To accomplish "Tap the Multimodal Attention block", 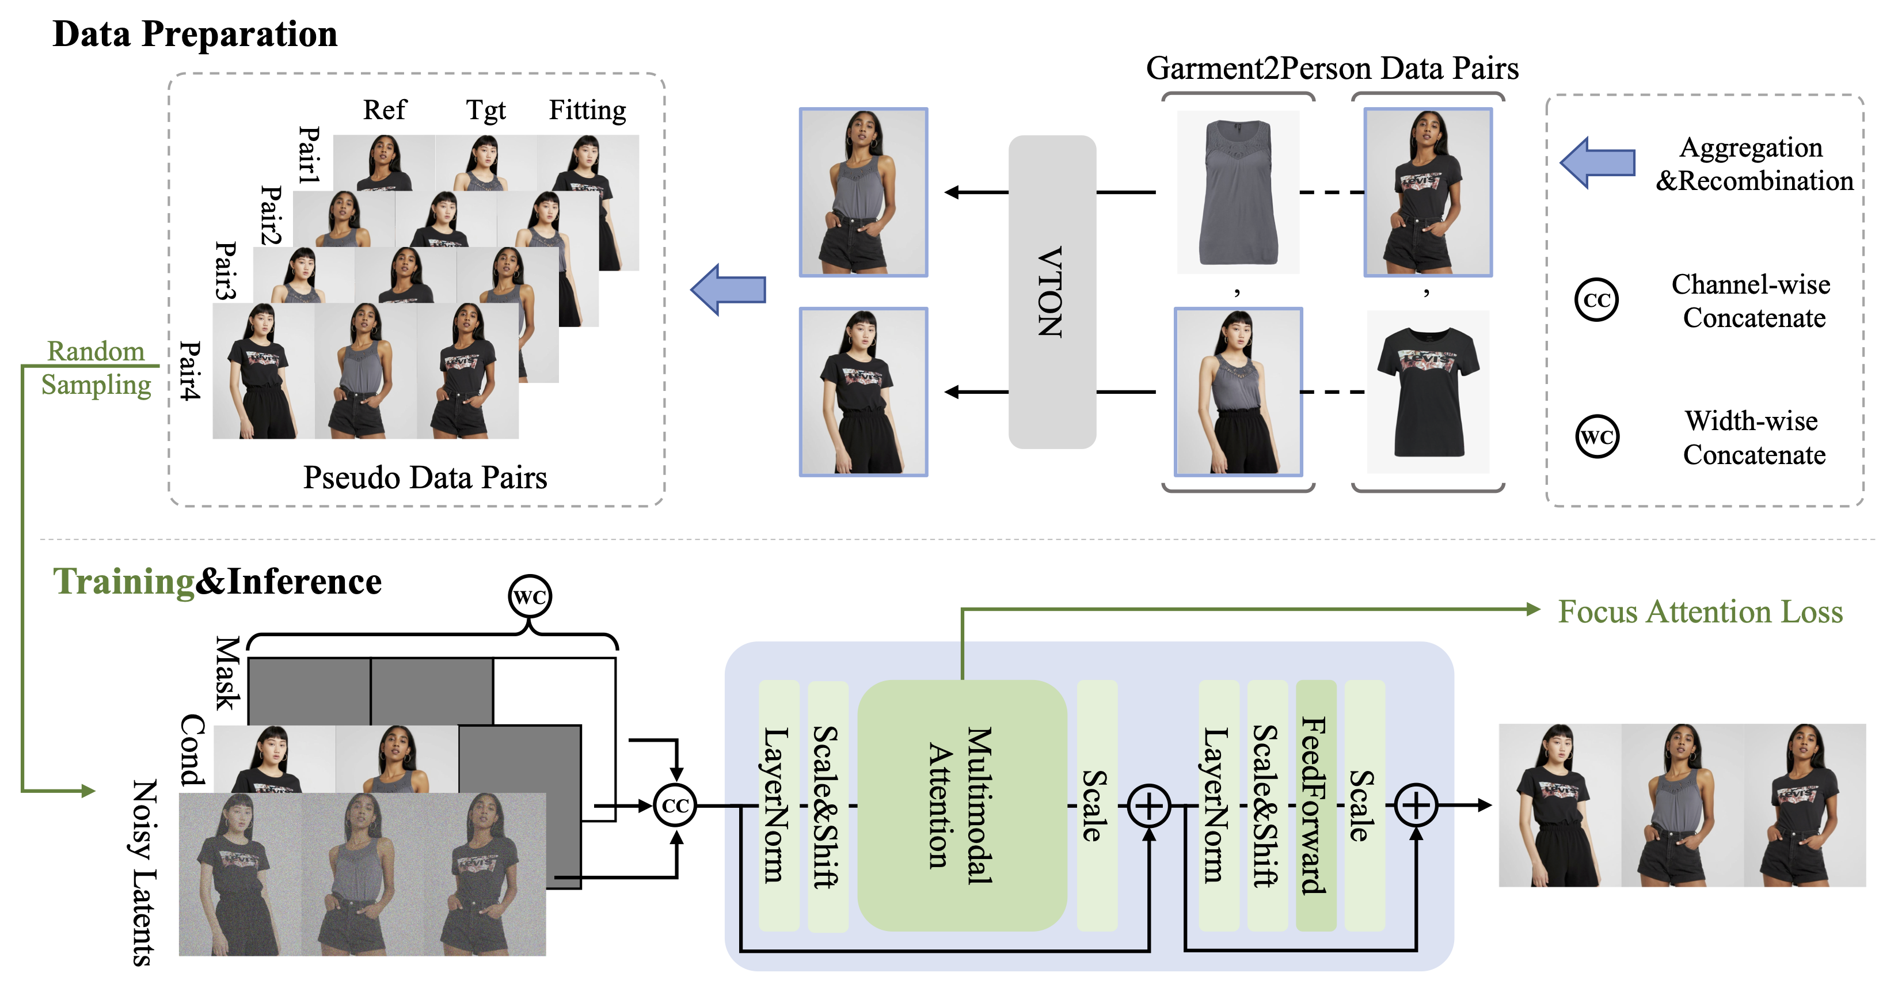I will [961, 805].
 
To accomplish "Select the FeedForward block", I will [1315, 805].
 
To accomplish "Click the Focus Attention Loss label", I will [1700, 611].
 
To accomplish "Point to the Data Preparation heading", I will [195, 34].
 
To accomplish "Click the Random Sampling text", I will [96, 368].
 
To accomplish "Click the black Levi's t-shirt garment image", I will [1427, 392].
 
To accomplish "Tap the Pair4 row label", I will [190, 371].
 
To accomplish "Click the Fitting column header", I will [587, 111].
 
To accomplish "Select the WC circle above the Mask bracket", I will [530, 596].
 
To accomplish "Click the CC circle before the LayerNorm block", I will [675, 806].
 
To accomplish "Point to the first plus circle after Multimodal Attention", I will [1148, 806].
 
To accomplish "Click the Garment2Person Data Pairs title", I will [1332, 69].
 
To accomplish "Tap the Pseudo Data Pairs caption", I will [424, 477].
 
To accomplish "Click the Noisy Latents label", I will [145, 873].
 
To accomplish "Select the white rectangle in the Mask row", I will [553, 690].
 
